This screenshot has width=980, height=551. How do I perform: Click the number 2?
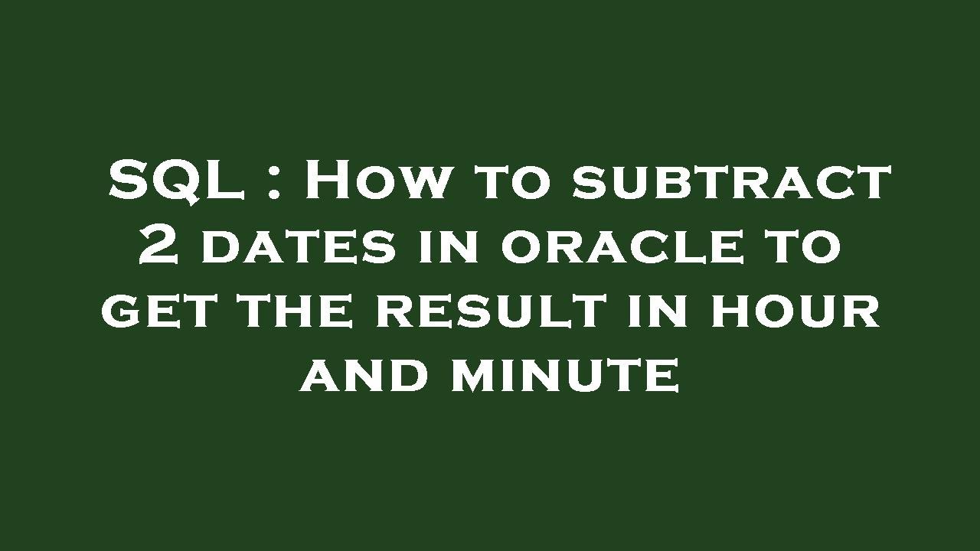[x=158, y=246]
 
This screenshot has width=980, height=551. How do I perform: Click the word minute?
[x=565, y=377]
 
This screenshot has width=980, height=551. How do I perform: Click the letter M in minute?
[x=475, y=377]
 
